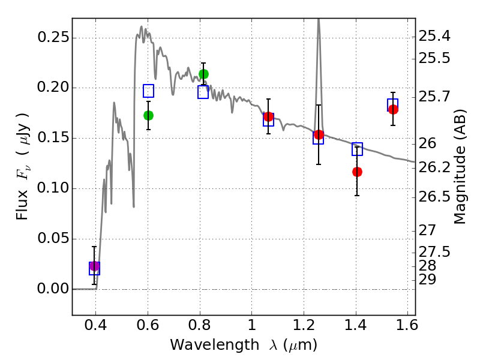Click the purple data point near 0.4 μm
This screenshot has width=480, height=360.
coord(94,266)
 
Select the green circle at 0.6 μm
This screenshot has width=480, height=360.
coord(148,115)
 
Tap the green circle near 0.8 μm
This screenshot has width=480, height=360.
coord(203,74)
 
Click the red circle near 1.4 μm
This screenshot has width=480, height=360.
coord(357,172)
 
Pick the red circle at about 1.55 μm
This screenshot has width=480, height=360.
coord(393,109)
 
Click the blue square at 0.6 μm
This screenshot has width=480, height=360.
coord(148,91)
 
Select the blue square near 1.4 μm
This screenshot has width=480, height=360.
coord(357,149)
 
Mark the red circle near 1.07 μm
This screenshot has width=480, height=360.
coord(268,116)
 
